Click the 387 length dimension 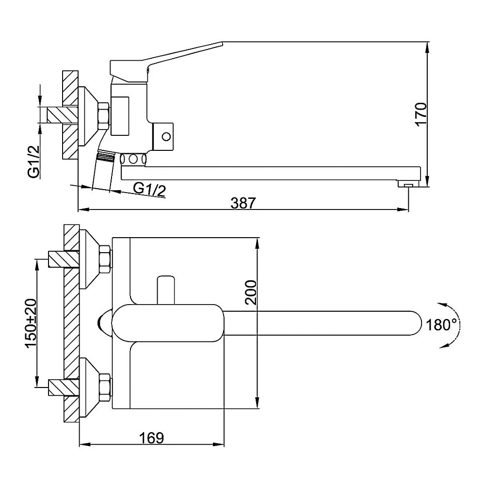click(243, 203)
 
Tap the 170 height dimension click(421, 114)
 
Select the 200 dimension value click(251, 292)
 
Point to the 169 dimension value click(151, 437)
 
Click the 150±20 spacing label click(31, 323)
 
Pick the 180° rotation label click(441, 325)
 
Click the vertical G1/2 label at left click(34, 162)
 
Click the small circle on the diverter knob click(166, 136)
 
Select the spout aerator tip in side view click(408, 184)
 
